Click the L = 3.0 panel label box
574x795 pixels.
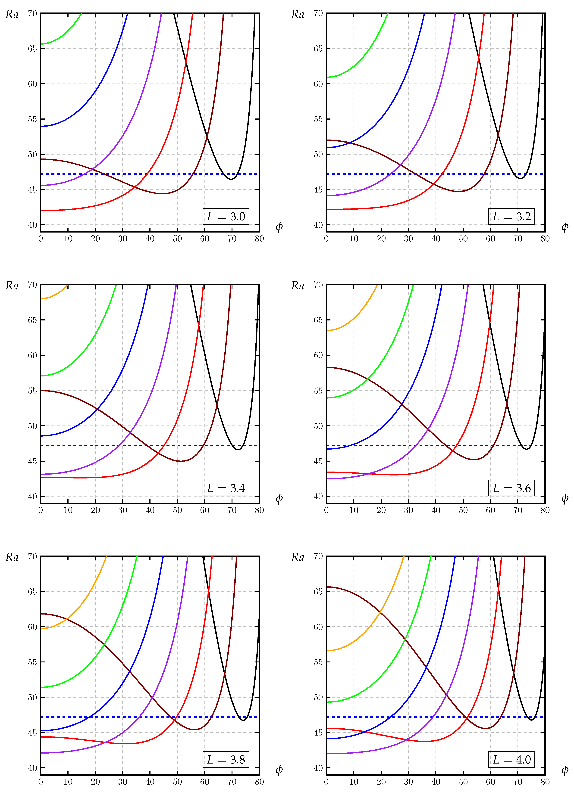click(x=226, y=216)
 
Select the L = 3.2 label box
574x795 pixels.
click(x=512, y=216)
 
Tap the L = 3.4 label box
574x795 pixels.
click(x=226, y=488)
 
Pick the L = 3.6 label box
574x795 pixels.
click(x=512, y=488)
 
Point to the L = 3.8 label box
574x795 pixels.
click(x=226, y=760)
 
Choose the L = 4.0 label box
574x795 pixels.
click(x=512, y=760)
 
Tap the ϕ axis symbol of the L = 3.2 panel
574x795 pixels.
click(x=565, y=227)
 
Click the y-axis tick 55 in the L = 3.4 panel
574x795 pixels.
click(x=32, y=391)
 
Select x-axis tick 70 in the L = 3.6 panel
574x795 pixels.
click(x=518, y=510)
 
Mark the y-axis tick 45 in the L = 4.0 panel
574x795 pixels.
click(x=318, y=733)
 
